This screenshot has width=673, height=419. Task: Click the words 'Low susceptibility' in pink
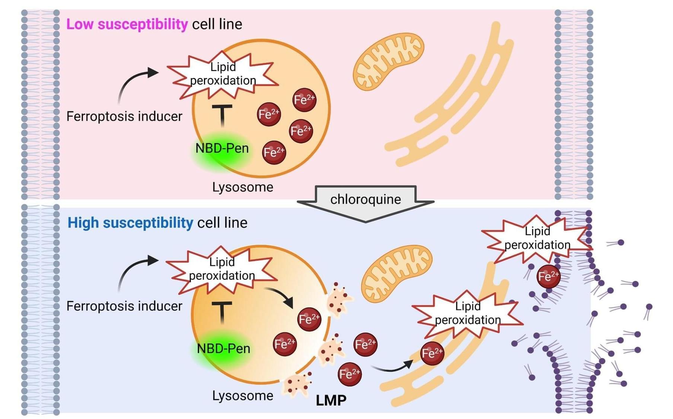127,24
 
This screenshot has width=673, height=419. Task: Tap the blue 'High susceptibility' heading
130,223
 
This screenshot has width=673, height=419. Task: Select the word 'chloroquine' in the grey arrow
366,199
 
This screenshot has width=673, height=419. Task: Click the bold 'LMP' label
331,400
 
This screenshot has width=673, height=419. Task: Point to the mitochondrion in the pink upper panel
388,61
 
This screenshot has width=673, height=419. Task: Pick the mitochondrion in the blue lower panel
397,273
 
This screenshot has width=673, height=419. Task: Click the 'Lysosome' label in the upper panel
243,187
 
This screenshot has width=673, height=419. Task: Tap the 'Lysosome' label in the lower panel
243,396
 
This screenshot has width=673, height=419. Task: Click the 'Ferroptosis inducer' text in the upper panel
124,117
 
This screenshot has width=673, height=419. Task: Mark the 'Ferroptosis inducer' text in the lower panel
124,306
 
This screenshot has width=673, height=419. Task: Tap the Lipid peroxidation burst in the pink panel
223,74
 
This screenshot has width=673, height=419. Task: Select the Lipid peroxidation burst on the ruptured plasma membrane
537,238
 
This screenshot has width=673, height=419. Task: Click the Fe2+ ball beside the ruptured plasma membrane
548,276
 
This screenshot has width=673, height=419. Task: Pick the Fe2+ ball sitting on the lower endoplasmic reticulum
432,353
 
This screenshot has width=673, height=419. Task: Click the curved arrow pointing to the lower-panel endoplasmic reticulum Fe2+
393,367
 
